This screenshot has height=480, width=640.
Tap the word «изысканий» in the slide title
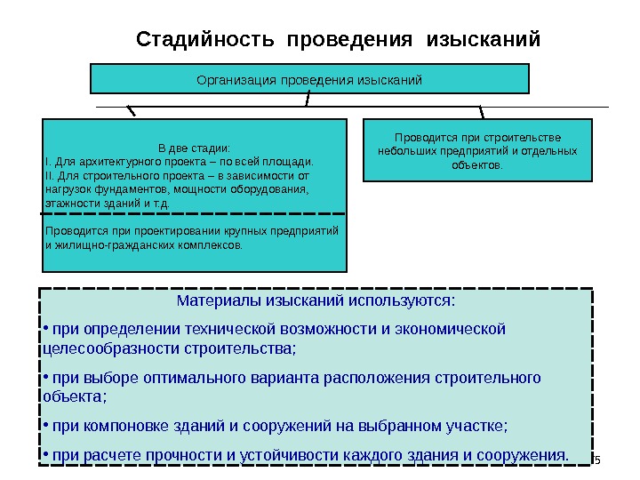[x=484, y=41]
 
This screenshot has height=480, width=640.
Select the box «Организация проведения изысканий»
[x=309, y=79]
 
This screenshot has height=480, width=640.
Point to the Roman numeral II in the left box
[x=48, y=176]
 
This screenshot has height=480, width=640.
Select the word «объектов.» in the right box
[x=476, y=165]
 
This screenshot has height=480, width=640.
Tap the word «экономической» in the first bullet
[x=456, y=329]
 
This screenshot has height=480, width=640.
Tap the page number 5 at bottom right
[x=598, y=460]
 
